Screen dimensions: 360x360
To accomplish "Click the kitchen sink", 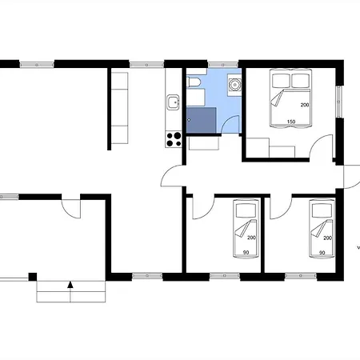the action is (x=174, y=102).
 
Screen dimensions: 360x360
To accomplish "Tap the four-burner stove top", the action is (x=174, y=139).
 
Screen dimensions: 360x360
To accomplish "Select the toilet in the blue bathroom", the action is (x=193, y=82).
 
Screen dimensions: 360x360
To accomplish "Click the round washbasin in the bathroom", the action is (x=234, y=85).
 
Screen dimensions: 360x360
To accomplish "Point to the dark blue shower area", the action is (x=201, y=120).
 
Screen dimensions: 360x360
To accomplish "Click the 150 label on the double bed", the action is (x=291, y=122).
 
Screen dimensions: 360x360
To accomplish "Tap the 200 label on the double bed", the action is (x=305, y=105).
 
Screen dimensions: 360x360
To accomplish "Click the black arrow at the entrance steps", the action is (x=70, y=285).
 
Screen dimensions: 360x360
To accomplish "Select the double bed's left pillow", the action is (x=281, y=80).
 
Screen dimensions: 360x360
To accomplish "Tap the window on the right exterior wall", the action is (x=339, y=102).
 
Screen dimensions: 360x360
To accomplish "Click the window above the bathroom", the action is (x=222, y=65).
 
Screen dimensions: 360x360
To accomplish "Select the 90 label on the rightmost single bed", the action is (x=322, y=253).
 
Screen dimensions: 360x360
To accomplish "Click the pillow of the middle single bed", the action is (x=246, y=210).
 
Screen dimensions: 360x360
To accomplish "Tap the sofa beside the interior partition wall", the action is (x=119, y=108).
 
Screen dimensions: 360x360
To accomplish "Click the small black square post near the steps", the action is (x=33, y=277).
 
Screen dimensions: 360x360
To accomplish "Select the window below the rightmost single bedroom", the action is (x=301, y=276).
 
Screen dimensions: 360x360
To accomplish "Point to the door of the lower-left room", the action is (x=71, y=209).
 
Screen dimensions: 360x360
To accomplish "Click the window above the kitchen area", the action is (x=146, y=65).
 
